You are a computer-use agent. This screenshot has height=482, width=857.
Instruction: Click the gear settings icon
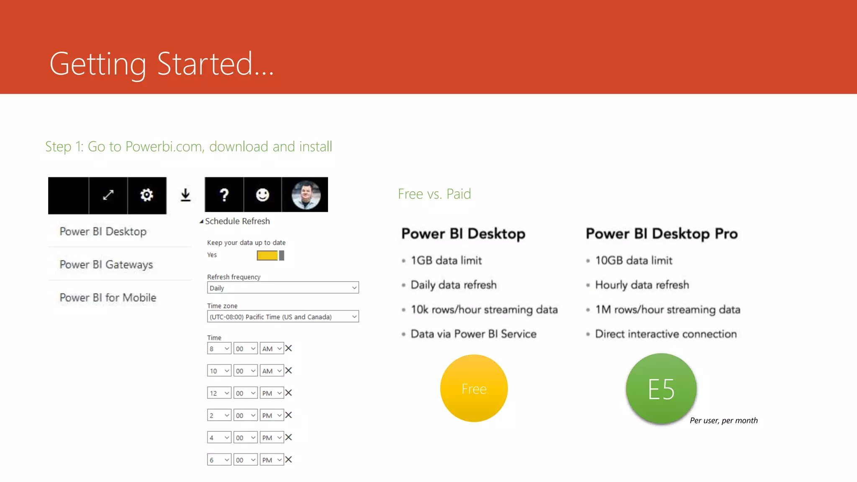[x=146, y=195]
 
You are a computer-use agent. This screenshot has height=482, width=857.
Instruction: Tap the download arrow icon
[x=185, y=195]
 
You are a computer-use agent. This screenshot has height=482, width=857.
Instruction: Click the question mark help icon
[x=224, y=195]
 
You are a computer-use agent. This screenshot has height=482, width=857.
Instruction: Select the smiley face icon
[x=262, y=195]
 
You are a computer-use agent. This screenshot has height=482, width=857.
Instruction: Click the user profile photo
[x=306, y=195]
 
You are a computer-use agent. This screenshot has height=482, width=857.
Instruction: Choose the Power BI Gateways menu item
[x=106, y=264]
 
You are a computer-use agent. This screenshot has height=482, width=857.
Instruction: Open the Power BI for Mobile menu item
[x=108, y=297]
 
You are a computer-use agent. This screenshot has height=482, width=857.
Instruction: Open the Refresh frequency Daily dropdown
[x=283, y=288]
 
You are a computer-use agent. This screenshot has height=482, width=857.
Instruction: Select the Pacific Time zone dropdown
[x=283, y=317]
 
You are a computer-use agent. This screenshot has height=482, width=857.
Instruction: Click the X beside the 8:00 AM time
[x=289, y=348]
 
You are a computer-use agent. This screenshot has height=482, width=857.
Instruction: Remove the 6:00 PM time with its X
[x=289, y=459]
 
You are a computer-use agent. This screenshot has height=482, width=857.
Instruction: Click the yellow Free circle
[x=474, y=388]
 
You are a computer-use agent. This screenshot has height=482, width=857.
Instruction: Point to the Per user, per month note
[x=724, y=420]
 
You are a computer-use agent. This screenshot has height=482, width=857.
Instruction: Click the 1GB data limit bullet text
[x=446, y=260]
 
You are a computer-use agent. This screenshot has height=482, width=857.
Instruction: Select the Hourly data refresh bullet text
[x=642, y=285]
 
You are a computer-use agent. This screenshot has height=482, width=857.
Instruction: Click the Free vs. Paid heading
[x=434, y=194]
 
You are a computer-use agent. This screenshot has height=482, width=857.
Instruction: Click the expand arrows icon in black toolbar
[x=108, y=195]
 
